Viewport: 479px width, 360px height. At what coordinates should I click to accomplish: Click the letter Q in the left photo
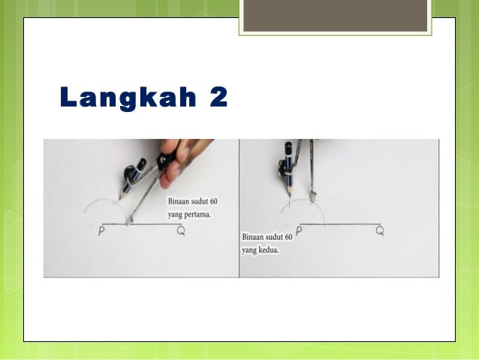point(181,231)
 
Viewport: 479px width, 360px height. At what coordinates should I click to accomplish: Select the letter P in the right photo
point(299,231)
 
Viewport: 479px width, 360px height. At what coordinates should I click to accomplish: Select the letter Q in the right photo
point(380,231)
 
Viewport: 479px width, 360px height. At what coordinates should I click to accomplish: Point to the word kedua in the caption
point(267,250)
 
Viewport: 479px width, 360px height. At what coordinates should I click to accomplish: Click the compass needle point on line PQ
point(130,222)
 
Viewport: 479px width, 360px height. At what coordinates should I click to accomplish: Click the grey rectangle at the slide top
point(335,15)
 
